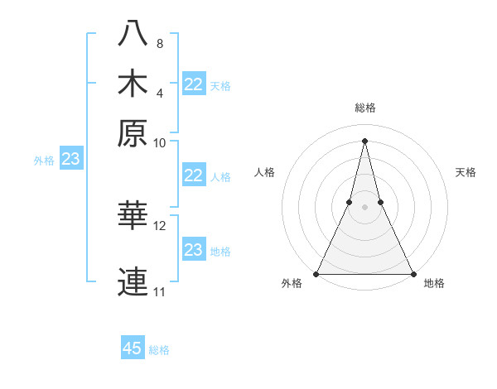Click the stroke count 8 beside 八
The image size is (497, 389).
(160, 43)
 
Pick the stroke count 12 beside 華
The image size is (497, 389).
(160, 225)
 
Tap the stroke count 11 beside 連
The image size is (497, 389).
(160, 292)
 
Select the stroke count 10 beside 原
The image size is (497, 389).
(160, 142)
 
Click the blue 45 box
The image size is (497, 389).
(133, 348)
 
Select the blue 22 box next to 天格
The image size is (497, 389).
(194, 84)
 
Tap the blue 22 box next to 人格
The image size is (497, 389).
(194, 175)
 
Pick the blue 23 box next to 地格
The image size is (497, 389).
(194, 250)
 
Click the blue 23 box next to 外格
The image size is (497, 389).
(70, 159)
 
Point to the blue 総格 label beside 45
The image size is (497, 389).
(159, 350)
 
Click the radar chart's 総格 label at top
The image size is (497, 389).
(365, 108)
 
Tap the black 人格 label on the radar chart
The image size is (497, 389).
(265, 172)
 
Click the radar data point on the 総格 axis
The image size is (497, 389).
(365, 140)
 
